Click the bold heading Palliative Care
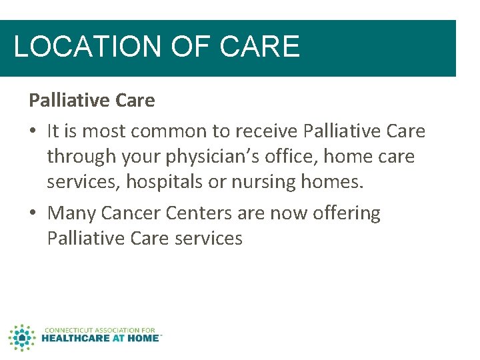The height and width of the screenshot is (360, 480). coord(91,101)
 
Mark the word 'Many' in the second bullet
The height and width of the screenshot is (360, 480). coord(73,213)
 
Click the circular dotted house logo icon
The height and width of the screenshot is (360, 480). coord(21,337)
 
